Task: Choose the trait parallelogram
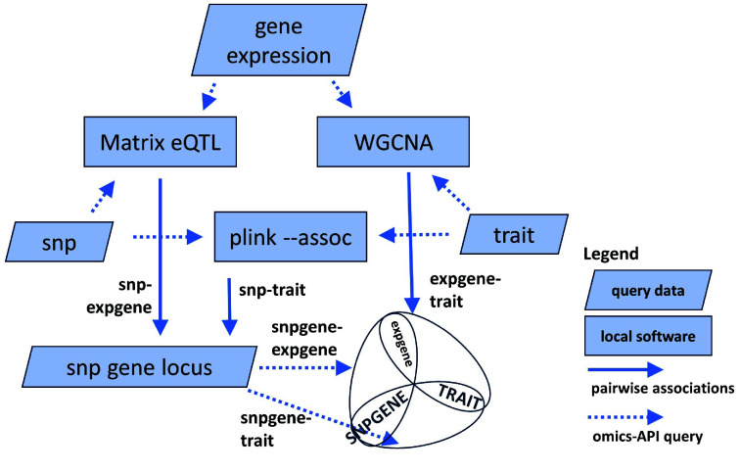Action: (x=514, y=236)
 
